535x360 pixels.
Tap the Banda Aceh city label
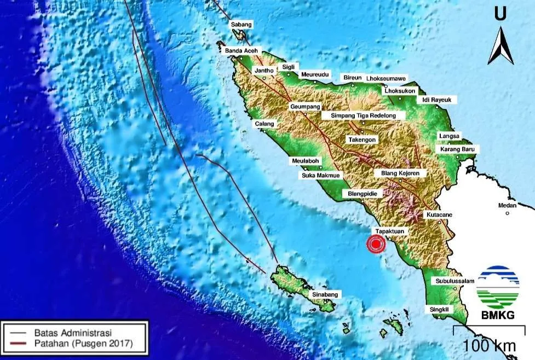(x=241, y=51)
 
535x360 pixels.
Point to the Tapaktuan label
(x=390, y=231)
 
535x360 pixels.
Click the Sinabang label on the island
(x=326, y=294)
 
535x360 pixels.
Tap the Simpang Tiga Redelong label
(x=364, y=115)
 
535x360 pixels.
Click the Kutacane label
(x=439, y=215)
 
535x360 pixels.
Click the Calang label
(x=264, y=124)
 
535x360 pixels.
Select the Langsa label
(x=450, y=136)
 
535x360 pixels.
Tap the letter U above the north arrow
(x=500, y=14)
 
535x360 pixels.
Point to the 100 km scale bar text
(x=489, y=345)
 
